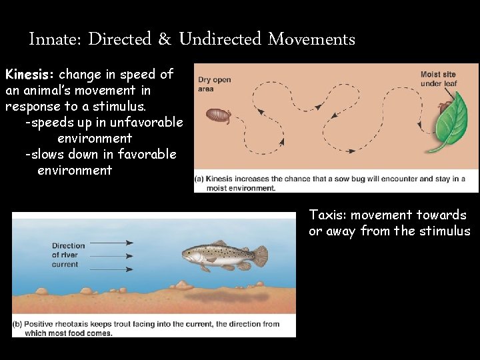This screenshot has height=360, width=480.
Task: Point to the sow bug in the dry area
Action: (x=218, y=116)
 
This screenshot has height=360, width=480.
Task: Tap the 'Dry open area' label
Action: (x=215, y=85)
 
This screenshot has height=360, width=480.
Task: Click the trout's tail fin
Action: (x=259, y=256)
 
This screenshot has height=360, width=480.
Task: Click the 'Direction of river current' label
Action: (x=69, y=255)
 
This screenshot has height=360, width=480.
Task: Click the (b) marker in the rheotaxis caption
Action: (x=19, y=324)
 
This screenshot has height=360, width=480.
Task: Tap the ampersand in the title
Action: (x=165, y=39)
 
